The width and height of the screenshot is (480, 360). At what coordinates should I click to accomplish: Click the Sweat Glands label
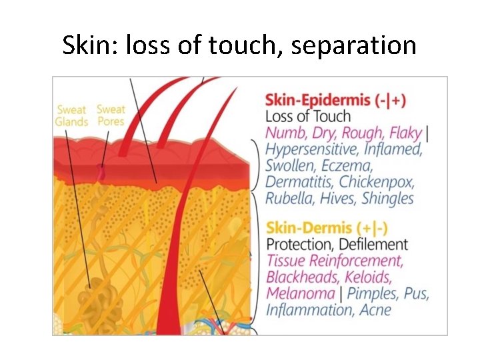(72, 115)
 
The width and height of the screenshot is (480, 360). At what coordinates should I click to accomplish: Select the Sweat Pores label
(110, 115)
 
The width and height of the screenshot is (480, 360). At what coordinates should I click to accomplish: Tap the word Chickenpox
(376, 181)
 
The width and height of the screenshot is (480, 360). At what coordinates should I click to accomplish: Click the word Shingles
(387, 198)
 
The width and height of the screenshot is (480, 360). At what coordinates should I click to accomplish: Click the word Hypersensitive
(311, 149)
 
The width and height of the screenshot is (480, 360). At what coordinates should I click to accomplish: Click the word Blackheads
(303, 277)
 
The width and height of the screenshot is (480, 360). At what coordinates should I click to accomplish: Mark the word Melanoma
(300, 293)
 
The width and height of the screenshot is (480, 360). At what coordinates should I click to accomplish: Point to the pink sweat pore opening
(101, 172)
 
